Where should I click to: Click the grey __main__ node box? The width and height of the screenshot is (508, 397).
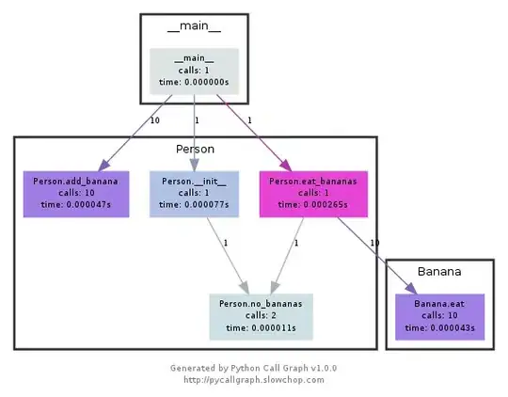[194, 71]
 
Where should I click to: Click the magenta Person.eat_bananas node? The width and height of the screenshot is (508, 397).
[313, 194]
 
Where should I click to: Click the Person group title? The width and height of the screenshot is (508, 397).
[195, 149]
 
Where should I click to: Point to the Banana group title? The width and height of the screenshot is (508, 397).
[439, 272]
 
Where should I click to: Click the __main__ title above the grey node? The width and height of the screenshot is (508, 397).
[194, 26]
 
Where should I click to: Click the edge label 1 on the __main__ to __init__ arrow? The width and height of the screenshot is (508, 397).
[195, 121]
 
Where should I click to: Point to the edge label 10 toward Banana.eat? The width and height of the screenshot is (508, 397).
[374, 244]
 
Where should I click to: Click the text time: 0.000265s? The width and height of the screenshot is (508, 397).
[313, 205]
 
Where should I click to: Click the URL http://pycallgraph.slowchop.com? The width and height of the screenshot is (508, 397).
[254, 380]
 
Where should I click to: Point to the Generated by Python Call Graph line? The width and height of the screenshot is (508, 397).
[254, 368]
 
